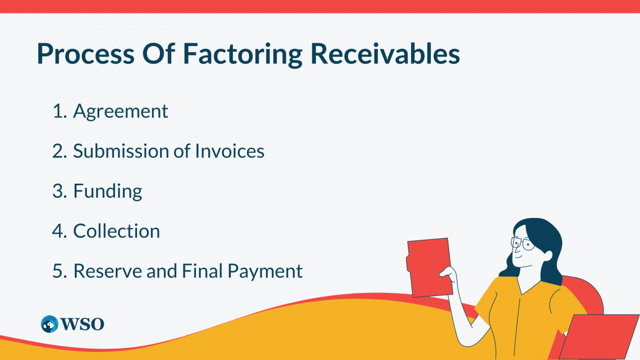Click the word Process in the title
86,54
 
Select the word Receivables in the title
385,53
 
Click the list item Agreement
120,112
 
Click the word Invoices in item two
230,151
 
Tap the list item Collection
116,231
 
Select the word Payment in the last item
265,272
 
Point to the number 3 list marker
60,191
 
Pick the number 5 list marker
60,271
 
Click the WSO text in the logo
82,325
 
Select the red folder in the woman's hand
429,267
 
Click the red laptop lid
598,336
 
